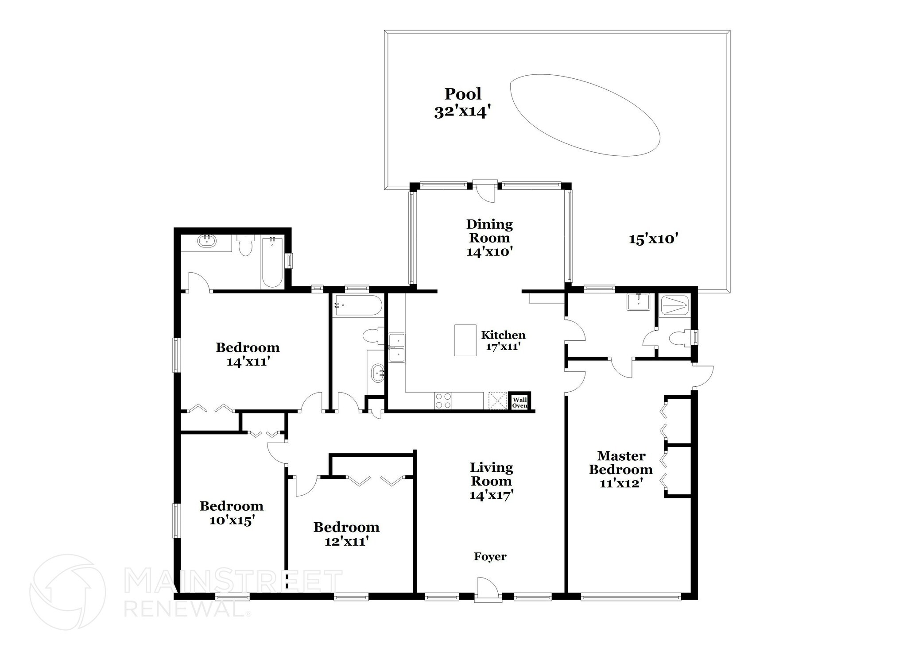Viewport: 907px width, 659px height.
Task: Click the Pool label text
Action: [463, 94]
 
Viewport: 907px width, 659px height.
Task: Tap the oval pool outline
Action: [585, 115]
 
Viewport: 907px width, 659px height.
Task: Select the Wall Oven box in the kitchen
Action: [519, 402]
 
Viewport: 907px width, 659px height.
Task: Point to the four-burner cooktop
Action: [443, 401]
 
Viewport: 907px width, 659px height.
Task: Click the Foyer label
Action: [490, 557]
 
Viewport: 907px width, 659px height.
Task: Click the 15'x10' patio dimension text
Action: [654, 239]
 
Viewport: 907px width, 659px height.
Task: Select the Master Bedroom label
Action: [621, 462]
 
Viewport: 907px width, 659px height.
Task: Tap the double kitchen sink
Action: [397, 348]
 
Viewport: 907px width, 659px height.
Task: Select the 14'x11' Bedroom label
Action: [248, 355]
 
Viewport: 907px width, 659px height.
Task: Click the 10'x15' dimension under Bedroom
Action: [231, 520]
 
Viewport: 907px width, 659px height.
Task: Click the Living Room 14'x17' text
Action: [491, 481]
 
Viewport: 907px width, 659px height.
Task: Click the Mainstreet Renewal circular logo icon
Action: [67, 592]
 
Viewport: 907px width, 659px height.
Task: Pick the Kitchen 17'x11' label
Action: [503, 340]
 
